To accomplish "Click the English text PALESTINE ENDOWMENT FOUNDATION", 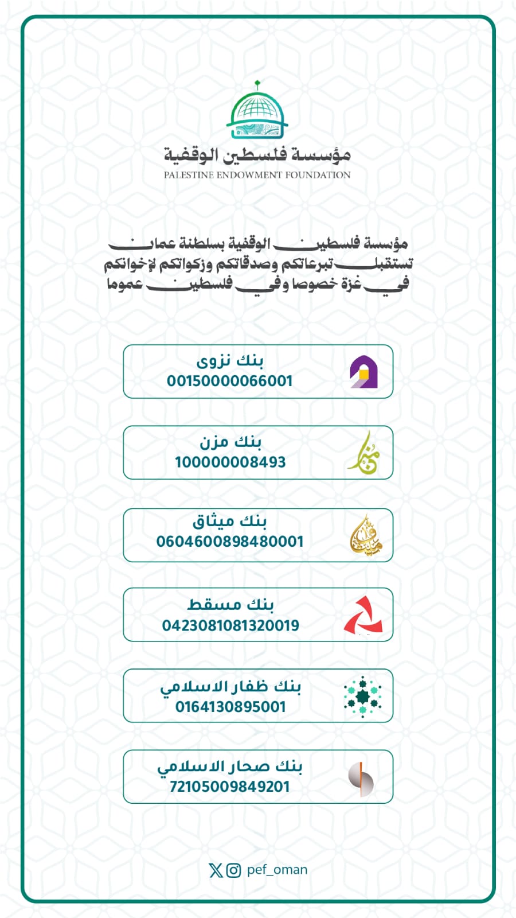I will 257,175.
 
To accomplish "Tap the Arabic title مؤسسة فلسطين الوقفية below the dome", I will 257,154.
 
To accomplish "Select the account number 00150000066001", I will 230,381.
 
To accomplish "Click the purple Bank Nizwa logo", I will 363,372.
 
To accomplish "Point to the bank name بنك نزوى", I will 230,361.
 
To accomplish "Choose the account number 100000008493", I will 230,462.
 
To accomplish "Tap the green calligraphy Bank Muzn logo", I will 363,453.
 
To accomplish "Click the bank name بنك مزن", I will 230,442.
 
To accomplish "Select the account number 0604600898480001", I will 230,541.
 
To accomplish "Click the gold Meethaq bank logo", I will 365,535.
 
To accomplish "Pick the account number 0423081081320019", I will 230,625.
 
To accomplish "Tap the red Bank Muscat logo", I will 363,616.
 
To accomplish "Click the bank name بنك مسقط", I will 230,605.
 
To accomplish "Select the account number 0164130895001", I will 230,707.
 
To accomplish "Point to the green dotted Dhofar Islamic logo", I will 362,697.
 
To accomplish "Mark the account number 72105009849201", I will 230,787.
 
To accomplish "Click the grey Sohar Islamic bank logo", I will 361,779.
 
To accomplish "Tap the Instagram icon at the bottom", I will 233,870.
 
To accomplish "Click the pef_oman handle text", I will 277,870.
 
